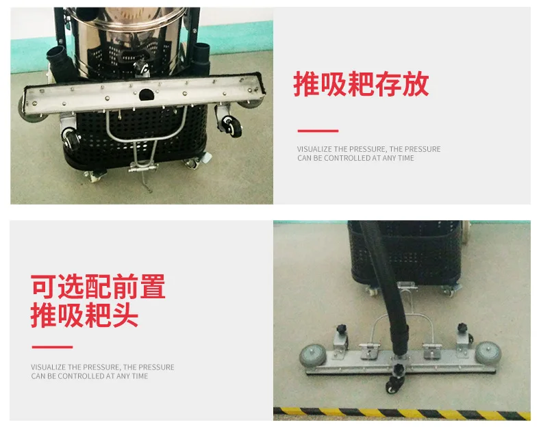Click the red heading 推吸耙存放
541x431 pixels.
click(361, 84)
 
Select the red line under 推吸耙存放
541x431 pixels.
click(317, 131)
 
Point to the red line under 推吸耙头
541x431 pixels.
click(51, 347)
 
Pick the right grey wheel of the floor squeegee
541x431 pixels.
click(488, 352)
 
